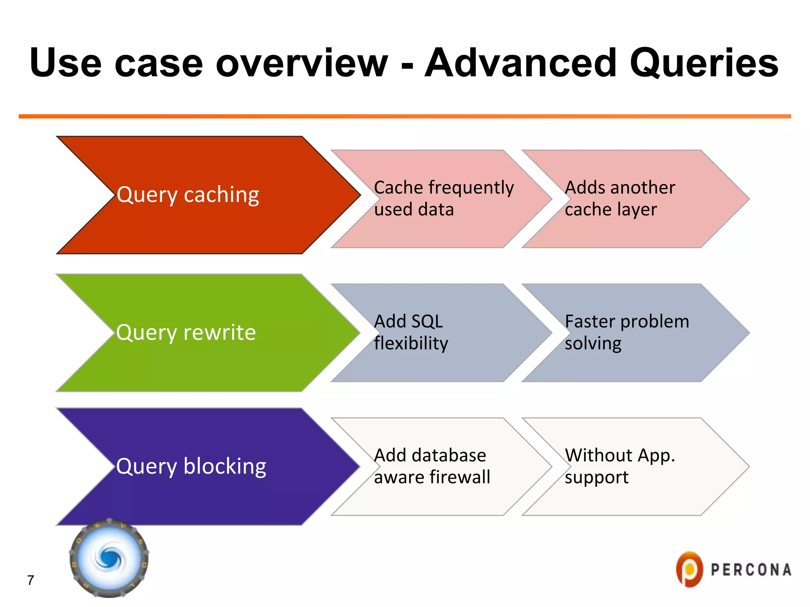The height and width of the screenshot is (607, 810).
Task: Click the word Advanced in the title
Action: point(520,63)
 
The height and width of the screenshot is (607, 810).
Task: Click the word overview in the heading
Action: point(302,63)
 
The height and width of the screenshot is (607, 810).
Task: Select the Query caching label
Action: point(188,195)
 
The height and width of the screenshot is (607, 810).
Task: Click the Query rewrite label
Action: point(186,332)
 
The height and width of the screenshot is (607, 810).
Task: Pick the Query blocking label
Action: point(191,466)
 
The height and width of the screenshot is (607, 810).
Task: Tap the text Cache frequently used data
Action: point(443,198)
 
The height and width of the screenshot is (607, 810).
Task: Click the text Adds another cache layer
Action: point(620,198)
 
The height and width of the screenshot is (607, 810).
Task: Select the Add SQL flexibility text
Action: point(411,332)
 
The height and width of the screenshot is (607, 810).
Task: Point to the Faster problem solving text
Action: point(626,332)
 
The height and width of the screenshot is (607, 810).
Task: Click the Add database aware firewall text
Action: point(432,466)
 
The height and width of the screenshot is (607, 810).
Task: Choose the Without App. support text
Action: point(619,466)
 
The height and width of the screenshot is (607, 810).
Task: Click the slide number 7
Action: point(30,580)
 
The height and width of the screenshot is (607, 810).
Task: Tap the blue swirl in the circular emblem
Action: point(109,558)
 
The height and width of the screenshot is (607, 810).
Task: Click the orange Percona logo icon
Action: point(689,569)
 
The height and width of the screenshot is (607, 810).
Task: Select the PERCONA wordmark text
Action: point(751,570)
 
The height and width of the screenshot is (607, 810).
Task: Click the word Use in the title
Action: point(65,63)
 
